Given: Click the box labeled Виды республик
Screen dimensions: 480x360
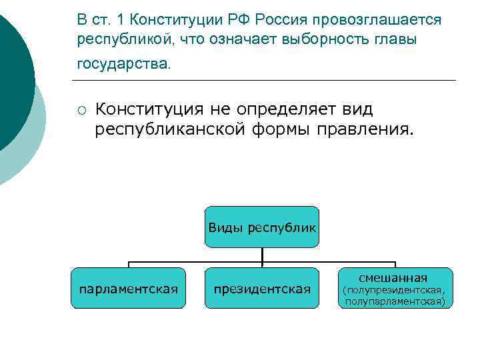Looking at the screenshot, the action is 262,227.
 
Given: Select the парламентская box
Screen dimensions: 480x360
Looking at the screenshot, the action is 128,288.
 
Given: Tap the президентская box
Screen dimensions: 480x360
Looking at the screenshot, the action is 262,288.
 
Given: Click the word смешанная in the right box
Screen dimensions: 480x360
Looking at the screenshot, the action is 393,277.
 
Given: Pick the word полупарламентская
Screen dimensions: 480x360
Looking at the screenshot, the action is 395,301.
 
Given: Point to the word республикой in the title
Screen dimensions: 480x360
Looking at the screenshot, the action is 123,39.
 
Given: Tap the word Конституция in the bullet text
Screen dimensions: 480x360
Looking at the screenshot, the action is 151,108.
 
